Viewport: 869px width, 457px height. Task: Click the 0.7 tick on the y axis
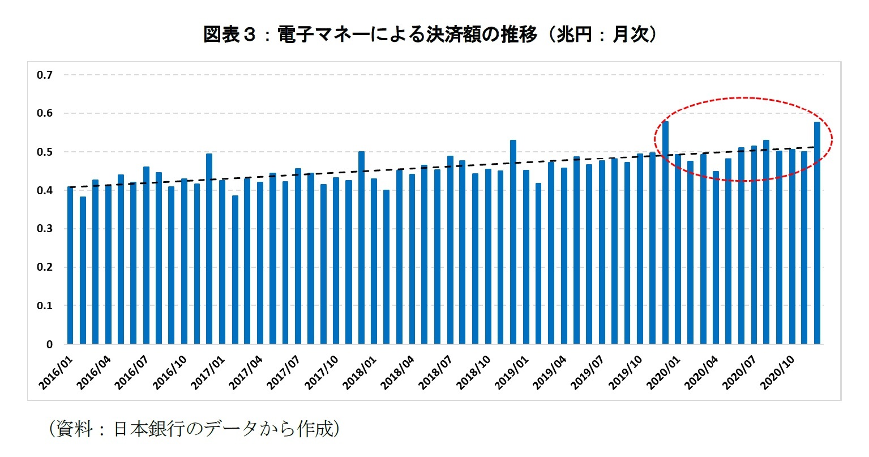click(x=44, y=75)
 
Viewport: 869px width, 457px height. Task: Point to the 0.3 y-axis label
click(x=44, y=229)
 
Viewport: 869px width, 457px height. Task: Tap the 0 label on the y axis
click(x=49, y=344)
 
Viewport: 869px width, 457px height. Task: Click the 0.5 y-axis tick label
click(x=44, y=152)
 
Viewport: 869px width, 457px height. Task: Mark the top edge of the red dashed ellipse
click(x=743, y=97)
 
